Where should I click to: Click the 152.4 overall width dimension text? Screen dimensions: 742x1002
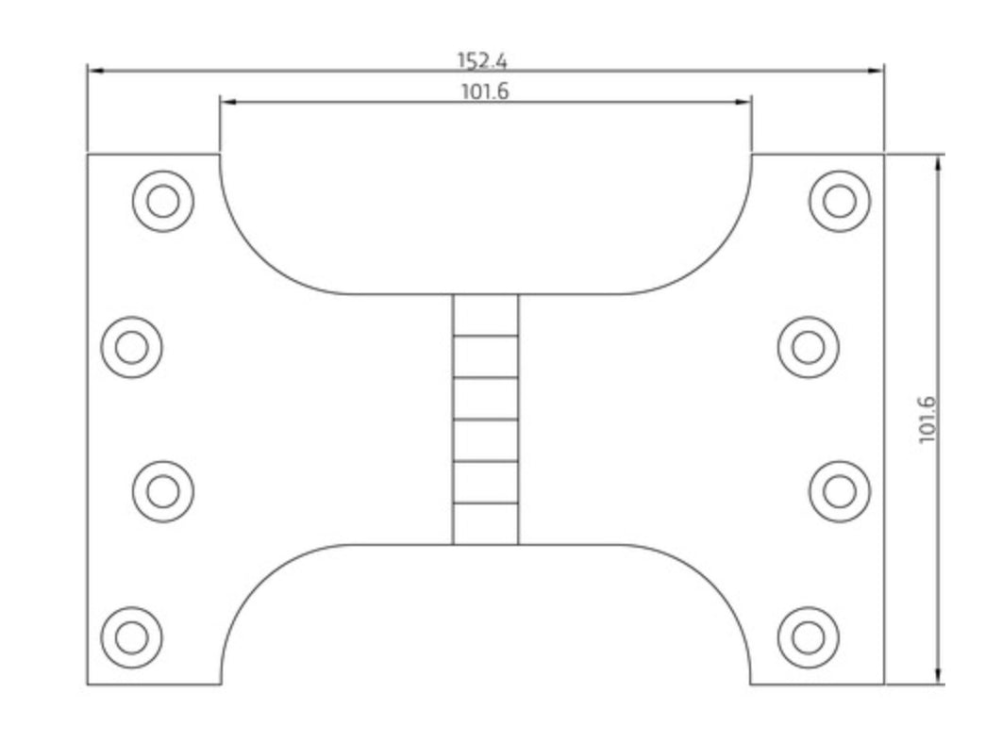(482, 60)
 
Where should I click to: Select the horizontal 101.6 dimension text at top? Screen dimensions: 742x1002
(485, 91)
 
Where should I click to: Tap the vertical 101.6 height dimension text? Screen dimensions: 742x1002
(927, 419)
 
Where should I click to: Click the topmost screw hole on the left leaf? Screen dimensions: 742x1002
(163, 201)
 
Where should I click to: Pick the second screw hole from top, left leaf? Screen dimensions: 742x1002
(132, 347)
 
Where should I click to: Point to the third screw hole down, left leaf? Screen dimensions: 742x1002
(163, 491)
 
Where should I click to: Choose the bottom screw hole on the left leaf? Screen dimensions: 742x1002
(132, 637)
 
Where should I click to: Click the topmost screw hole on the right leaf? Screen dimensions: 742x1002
(839, 201)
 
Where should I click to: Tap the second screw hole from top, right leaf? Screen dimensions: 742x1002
(808, 347)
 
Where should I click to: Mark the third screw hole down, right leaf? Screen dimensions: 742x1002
(839, 491)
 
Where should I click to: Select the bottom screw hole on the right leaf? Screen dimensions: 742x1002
(808, 637)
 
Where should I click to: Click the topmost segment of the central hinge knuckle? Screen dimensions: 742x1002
(485, 315)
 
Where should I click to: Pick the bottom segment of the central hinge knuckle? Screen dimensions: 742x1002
(485, 524)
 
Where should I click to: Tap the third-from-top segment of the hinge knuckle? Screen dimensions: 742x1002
(485, 398)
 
